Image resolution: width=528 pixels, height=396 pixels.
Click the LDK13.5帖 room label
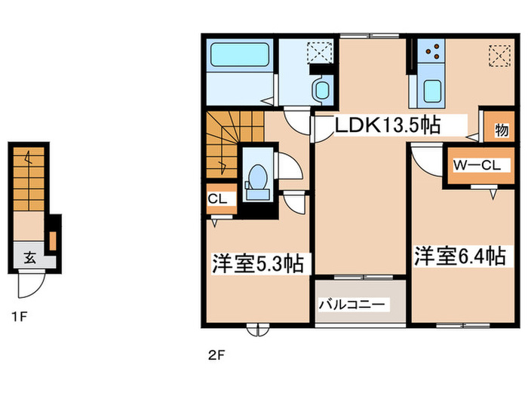pyautogui.click(x=388, y=125)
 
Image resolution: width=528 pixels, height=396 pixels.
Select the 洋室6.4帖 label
pyautogui.click(x=459, y=257)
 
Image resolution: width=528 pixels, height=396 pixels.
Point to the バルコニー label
pyautogui.click(x=353, y=305)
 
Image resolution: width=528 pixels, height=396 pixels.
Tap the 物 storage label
pyautogui.click(x=501, y=130)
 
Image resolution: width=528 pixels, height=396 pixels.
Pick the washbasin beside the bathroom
pyautogui.click(x=322, y=90)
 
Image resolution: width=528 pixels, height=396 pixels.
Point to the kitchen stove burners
pyautogui.click(x=437, y=51)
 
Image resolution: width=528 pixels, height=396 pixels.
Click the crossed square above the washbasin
pyautogui.click(x=317, y=51)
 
